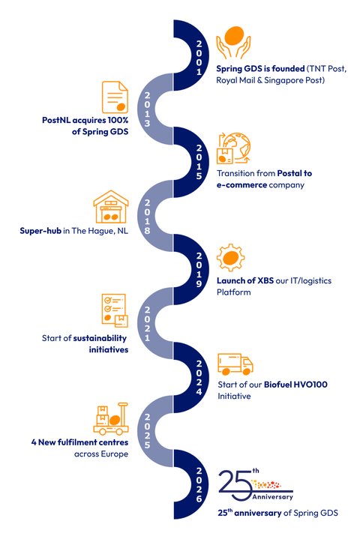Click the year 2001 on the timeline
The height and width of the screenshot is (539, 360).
[x=199, y=58]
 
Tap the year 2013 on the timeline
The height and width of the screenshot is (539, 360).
[x=147, y=109]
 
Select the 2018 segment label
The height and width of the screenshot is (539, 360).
[x=147, y=217]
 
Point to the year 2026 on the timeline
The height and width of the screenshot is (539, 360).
[x=199, y=485]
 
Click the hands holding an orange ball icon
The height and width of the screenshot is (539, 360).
[x=233, y=43]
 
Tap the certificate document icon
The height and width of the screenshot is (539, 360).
[x=115, y=97]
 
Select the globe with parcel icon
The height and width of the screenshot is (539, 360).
[x=233, y=148]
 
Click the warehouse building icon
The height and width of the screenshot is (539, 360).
[x=111, y=207]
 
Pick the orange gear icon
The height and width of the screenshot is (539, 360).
[x=231, y=258]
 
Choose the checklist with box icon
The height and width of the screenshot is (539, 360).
[x=115, y=310]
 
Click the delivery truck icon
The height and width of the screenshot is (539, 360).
[x=235, y=364]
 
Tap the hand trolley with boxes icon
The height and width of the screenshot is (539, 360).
[x=111, y=419]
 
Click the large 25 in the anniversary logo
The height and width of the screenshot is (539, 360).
[x=235, y=486]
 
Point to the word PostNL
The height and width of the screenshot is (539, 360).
[x=56, y=120]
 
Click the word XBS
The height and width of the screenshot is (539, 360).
[x=265, y=281]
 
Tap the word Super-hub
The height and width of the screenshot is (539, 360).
[x=40, y=231]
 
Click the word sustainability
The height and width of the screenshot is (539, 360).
[x=100, y=339]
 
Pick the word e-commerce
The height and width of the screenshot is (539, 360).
[x=241, y=185]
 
